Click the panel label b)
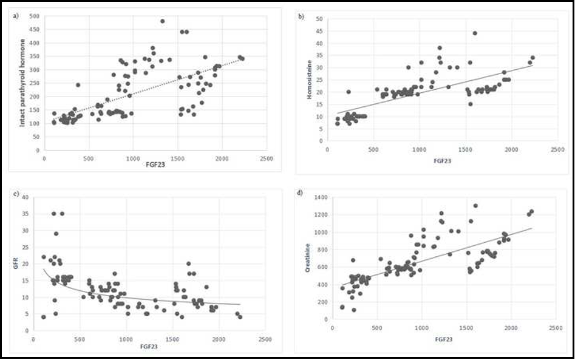pos(301,15)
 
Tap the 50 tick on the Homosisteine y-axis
pos(319,19)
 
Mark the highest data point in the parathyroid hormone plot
pos(163,21)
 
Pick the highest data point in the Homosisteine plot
pos(475,33)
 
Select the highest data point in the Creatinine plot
pos(475,206)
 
